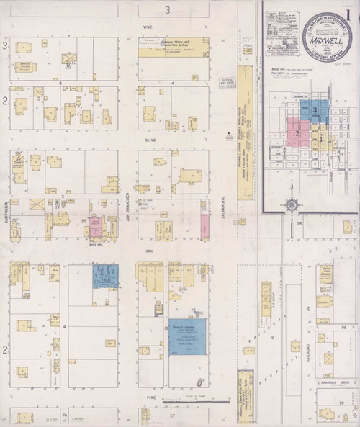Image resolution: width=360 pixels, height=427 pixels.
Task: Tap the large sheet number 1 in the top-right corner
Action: point(348,17)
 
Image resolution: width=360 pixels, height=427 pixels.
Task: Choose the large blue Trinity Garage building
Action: point(187,336)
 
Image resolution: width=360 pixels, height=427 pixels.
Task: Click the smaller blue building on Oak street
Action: point(105,276)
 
